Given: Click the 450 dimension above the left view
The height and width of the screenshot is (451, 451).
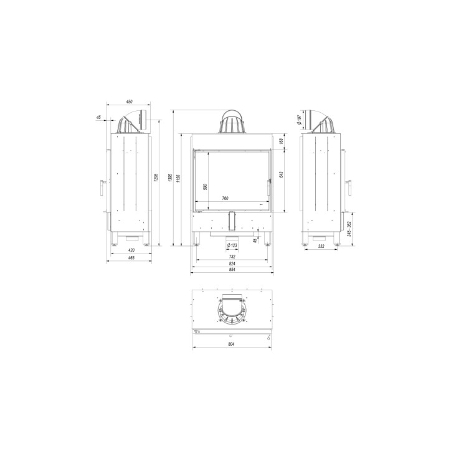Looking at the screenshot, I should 129,101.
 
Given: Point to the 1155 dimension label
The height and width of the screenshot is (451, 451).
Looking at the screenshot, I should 179,179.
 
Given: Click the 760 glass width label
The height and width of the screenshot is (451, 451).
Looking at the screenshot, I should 225,199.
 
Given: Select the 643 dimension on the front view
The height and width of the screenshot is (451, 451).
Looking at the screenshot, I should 283,174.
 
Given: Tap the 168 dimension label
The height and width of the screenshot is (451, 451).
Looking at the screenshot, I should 283,141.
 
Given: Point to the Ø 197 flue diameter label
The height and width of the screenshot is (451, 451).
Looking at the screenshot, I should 300,119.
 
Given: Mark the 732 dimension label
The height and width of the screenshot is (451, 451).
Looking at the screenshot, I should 232,257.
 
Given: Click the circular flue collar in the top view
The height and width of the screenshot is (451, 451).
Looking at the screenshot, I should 232,310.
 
